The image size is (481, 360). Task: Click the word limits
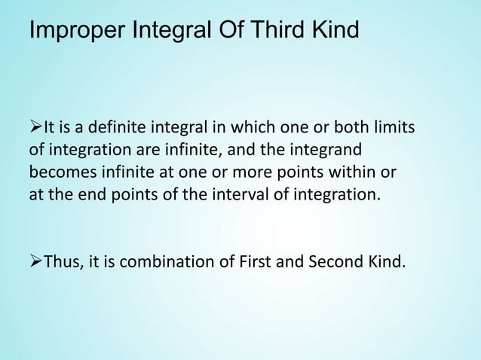point(391,124)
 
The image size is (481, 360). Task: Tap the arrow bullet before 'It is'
point(35,124)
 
